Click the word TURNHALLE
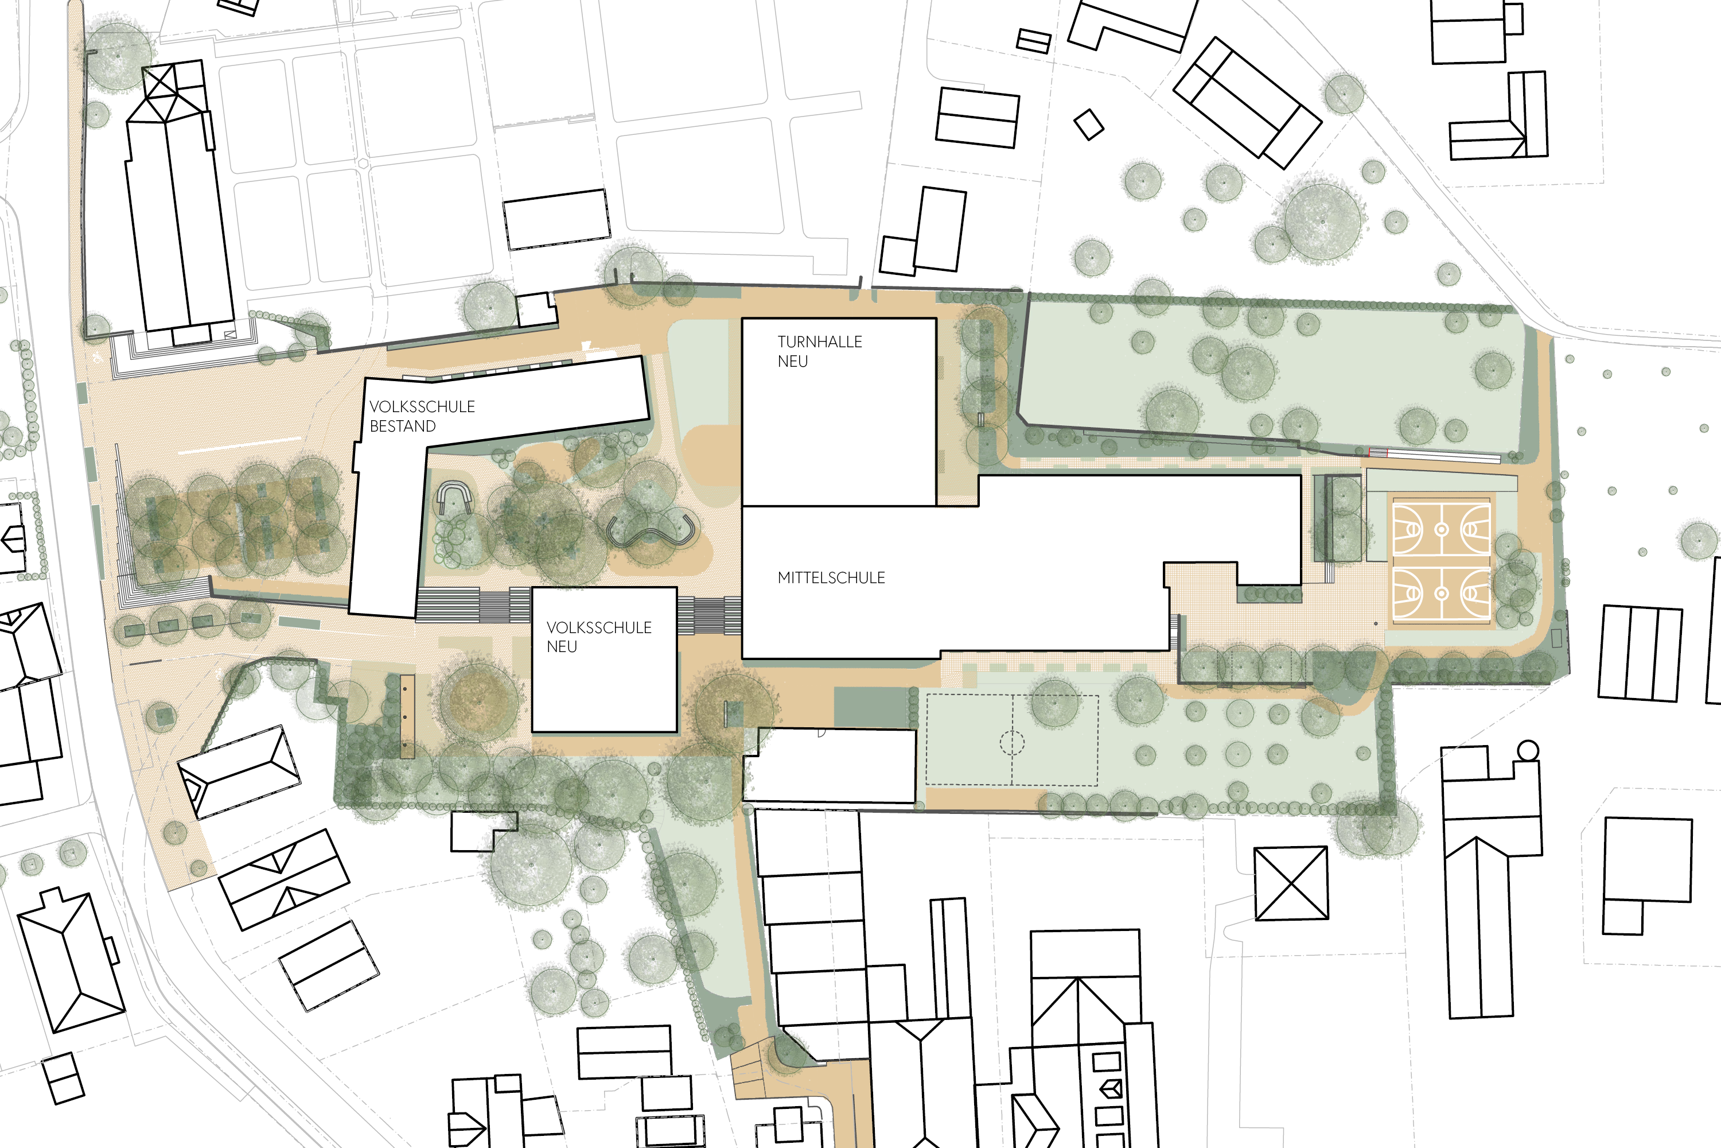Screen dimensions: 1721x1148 [x=820, y=342]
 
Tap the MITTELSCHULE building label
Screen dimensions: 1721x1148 [x=831, y=577]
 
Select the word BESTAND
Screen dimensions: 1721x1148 [x=403, y=426]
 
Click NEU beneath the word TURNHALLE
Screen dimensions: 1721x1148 [x=792, y=362]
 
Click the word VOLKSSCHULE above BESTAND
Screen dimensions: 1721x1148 [x=422, y=406]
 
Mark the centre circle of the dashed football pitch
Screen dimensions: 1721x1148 [x=1012, y=742]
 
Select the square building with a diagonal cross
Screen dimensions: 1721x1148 [x=1291, y=883]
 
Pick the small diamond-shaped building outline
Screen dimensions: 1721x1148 [x=1089, y=125]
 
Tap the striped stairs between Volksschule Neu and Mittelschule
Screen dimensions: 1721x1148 [x=709, y=616]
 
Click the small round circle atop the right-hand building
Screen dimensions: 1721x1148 [x=1528, y=750]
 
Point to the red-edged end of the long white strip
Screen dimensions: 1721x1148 [x=1378, y=452]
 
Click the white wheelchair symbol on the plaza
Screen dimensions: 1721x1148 [x=99, y=359]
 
